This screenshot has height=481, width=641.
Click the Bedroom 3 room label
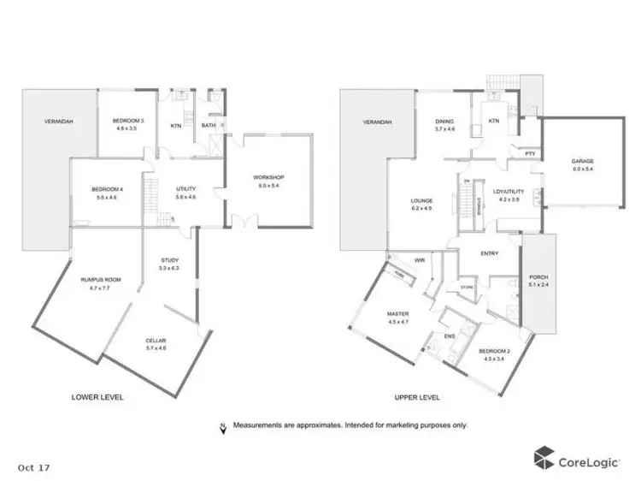pos(128,122)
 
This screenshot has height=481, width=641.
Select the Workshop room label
pos(268,177)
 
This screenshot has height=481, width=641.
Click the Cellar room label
pos(156,341)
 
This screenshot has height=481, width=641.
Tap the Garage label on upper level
pos(583,161)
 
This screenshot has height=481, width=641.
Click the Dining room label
pos(444,122)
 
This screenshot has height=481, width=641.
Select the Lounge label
pos(422,201)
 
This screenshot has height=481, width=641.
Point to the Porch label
pos(538,276)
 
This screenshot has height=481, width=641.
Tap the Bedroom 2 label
pos(492,352)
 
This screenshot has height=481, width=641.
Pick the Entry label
pos(490,253)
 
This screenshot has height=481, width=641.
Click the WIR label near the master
pos(420,258)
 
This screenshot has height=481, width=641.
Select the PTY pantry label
pos(530,154)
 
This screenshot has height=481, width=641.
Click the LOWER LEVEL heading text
pos(97,397)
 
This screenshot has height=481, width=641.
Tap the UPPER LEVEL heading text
pos(417,397)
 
